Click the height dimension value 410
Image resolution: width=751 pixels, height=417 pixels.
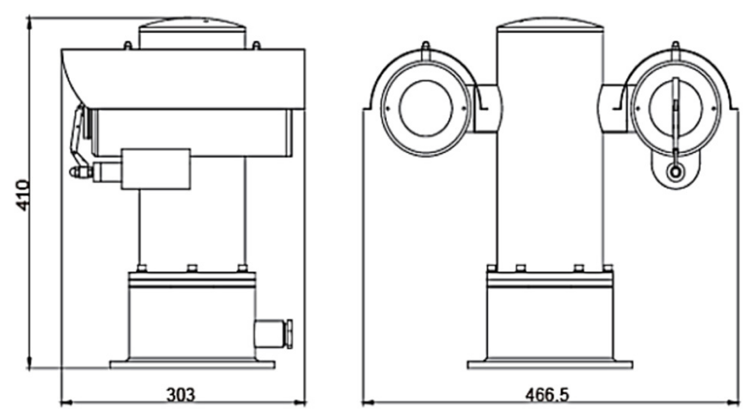(23, 196)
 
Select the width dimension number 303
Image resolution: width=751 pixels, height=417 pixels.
(181, 395)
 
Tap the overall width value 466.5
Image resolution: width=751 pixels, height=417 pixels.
(547, 395)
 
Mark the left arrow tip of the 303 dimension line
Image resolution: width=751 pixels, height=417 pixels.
(61, 402)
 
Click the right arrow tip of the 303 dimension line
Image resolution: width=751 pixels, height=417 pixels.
(305, 402)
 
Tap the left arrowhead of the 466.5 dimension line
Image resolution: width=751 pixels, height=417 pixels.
(363, 402)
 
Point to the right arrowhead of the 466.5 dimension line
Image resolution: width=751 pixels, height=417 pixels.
(739, 402)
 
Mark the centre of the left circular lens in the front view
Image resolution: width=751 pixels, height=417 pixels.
(426, 108)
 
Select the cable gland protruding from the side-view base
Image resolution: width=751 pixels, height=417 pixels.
(273, 334)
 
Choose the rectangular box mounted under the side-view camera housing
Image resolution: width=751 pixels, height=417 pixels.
(156, 169)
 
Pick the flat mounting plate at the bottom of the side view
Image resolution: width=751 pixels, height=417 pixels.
(192, 365)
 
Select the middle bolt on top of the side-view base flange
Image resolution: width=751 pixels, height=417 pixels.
(192, 268)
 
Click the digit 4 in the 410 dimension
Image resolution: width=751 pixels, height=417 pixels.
(23, 206)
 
